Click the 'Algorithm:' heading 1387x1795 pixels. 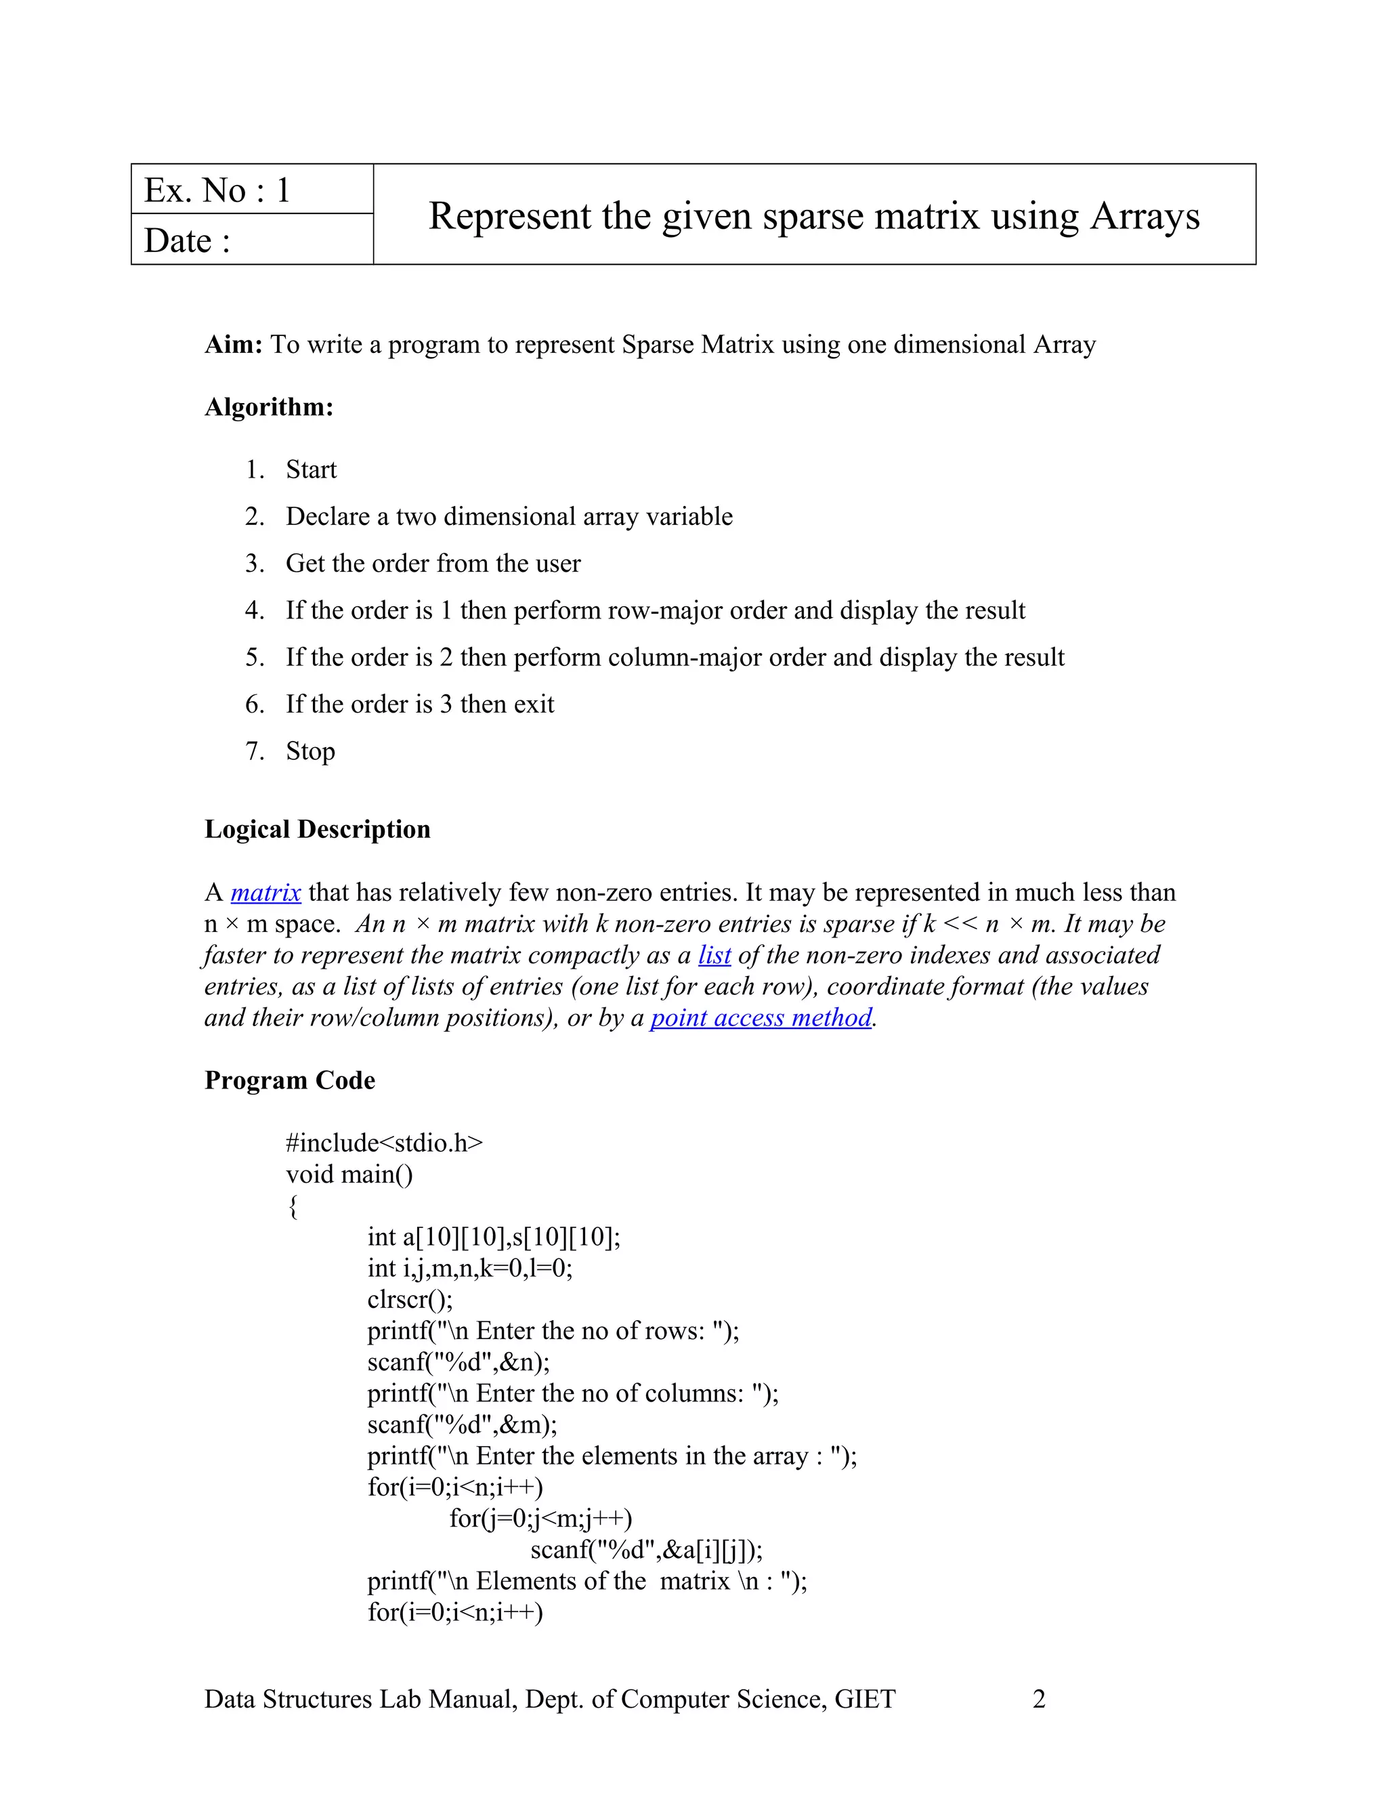pyautogui.click(x=269, y=407)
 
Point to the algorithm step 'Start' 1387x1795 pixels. pyautogui.click(x=311, y=470)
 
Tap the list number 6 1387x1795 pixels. pyautogui.click(x=254, y=704)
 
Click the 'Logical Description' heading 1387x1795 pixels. pyautogui.click(x=317, y=829)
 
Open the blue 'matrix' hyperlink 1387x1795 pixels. pyautogui.click(x=265, y=893)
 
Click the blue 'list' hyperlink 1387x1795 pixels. pyautogui.click(x=714, y=955)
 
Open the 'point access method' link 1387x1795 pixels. pyautogui.click(x=761, y=1017)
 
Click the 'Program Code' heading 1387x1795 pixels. pyautogui.click(x=289, y=1080)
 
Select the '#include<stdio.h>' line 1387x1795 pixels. pyautogui.click(x=384, y=1143)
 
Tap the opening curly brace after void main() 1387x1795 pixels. pyautogui.click(x=293, y=1206)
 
